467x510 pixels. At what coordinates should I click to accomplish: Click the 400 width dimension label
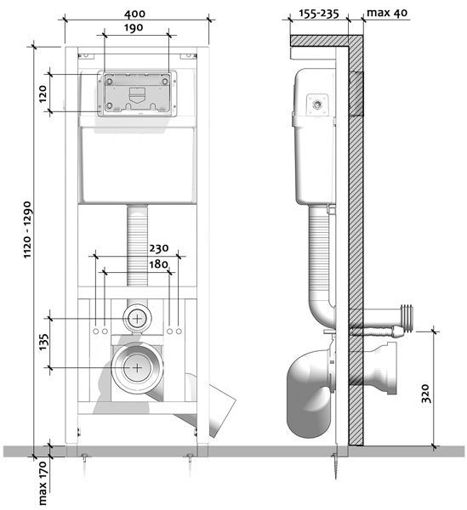click(134, 14)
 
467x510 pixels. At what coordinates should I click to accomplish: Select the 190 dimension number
click(134, 28)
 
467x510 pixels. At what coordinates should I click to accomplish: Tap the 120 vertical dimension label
click(43, 94)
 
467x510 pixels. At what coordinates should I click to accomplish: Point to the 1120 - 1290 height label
click(27, 230)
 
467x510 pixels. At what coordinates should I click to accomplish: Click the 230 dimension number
click(159, 248)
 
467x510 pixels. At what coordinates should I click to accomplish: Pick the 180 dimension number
click(158, 264)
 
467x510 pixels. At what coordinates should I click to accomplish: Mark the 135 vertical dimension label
click(43, 343)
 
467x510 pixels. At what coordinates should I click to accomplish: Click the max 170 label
click(43, 483)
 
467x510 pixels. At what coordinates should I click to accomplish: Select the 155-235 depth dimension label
click(319, 14)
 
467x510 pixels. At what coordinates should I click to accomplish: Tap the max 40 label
click(387, 13)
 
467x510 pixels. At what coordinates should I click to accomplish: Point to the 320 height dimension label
click(425, 394)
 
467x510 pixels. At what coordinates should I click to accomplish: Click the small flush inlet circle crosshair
click(137, 319)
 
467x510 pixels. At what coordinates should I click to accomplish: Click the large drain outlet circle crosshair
click(137, 368)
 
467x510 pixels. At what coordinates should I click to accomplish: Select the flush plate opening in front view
click(137, 94)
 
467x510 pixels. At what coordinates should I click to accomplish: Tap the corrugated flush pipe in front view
click(137, 246)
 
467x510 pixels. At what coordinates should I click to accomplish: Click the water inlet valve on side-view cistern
click(317, 105)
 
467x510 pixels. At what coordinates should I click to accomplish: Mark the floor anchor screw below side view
click(335, 466)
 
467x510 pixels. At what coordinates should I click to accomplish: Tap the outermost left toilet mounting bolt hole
click(95, 331)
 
